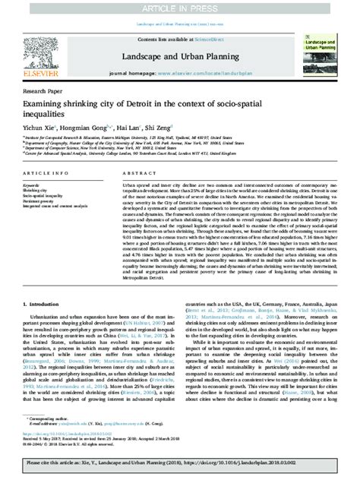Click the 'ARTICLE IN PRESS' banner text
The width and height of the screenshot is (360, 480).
pyautogui.click(x=179, y=6)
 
